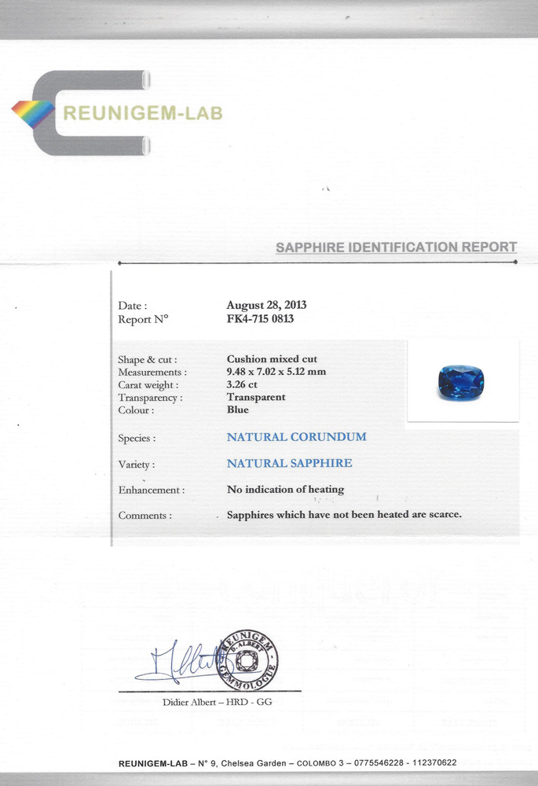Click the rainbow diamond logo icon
coord(33,115)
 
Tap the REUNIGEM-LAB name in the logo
coord(142,114)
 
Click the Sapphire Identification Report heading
coord(396,248)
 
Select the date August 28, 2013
coord(266,306)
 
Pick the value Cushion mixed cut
coord(272,359)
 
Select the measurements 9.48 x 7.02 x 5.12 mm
coord(276,372)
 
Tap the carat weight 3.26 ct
coord(242,384)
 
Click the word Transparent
coord(256,397)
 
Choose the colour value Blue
coord(238,410)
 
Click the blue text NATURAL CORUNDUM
coord(297,437)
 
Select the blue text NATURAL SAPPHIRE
coord(290,464)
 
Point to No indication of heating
coord(285,490)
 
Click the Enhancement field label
coord(152,490)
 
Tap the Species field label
coord(137,439)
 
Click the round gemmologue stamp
coord(247,659)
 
